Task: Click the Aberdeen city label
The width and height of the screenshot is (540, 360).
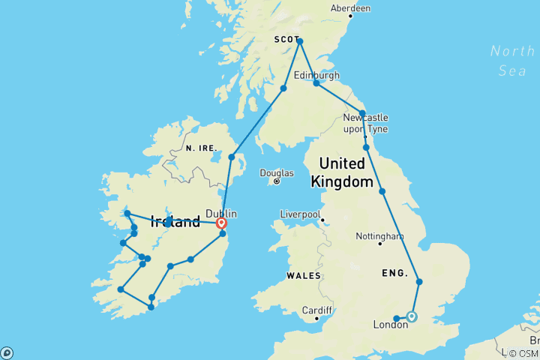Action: [350, 8]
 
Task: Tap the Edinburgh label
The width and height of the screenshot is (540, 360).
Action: [316, 75]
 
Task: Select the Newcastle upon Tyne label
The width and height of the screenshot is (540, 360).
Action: [365, 124]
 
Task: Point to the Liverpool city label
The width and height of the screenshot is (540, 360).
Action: [300, 214]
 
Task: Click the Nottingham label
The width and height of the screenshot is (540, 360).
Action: [380, 235]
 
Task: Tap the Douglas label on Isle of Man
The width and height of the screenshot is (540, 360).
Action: [276, 172]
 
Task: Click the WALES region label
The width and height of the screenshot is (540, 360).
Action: [303, 276]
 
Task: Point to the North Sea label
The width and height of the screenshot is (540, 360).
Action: [512, 61]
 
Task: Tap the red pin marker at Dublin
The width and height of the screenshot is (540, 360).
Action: [222, 223]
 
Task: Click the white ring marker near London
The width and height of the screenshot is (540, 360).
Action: [411, 316]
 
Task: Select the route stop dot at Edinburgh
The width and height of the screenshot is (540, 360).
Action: [316, 83]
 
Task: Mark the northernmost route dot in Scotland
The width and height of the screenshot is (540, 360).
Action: [299, 41]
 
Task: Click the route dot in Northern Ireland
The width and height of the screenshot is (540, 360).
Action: [232, 157]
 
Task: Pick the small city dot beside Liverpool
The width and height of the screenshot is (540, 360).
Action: [322, 220]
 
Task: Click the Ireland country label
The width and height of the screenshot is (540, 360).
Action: [175, 221]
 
